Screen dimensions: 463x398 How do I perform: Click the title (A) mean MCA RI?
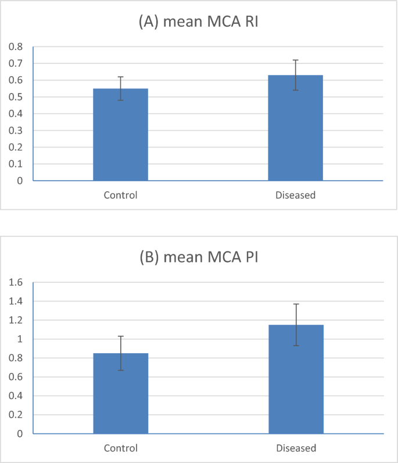coord(199,23)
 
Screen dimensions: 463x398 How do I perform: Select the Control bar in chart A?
coord(120,135)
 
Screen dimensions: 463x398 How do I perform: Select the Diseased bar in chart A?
coord(295,128)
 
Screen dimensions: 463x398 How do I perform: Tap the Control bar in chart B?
coord(120,393)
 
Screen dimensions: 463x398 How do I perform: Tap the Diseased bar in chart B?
coord(295,379)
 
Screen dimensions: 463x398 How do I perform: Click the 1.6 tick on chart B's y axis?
coord(15,283)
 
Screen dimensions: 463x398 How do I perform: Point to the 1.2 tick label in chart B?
coord(15,321)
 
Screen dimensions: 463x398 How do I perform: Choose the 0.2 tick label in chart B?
coord(15,415)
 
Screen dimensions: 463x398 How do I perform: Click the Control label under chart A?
coord(120,195)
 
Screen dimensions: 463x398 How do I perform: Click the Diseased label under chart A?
coord(295,195)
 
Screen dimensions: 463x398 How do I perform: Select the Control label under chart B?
coord(120,448)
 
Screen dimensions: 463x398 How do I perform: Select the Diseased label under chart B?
coord(295,448)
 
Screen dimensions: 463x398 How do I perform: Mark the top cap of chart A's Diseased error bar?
coord(295,60)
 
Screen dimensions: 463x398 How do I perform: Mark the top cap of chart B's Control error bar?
coord(120,336)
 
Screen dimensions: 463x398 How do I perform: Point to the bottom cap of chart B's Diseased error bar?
coord(295,346)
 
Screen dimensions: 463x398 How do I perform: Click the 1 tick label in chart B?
coord(19,339)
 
